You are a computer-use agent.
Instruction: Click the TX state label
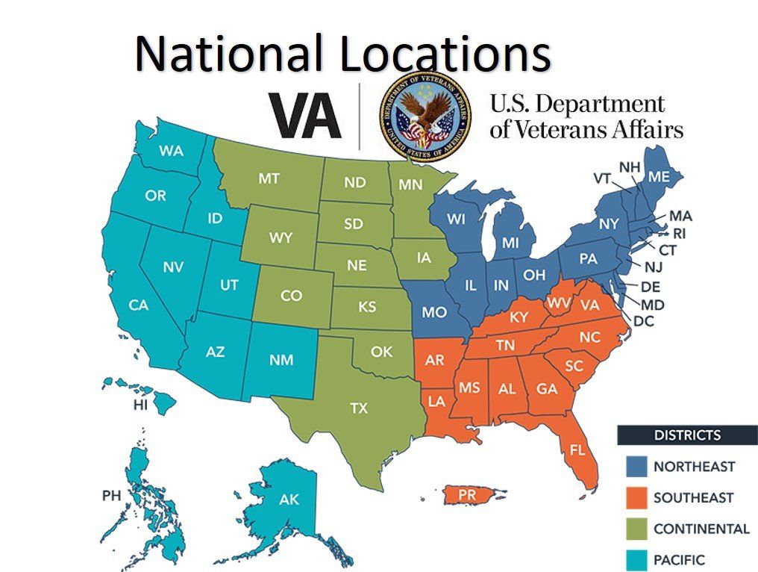coord(359,408)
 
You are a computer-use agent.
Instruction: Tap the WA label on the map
coord(171,150)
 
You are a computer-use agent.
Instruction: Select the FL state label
coord(577,450)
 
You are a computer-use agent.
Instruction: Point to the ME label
coord(659,177)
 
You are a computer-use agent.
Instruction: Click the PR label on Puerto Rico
coord(467,494)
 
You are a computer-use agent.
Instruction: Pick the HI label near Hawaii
coord(140,405)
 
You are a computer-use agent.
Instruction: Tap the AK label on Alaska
coord(289,500)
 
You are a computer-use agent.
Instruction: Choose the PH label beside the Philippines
coord(111,495)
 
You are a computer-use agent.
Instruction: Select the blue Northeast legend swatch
coord(634,467)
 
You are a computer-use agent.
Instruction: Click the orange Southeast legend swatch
coord(634,497)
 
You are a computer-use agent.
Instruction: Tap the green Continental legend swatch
coord(634,529)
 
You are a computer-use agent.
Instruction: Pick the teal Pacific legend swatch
coord(634,559)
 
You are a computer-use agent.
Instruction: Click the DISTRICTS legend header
coord(686,435)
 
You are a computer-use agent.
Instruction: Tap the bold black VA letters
coord(305,116)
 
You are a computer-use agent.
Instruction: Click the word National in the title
coord(229,54)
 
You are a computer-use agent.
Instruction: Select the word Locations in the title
coord(443,54)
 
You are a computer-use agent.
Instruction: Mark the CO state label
coord(291,296)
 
